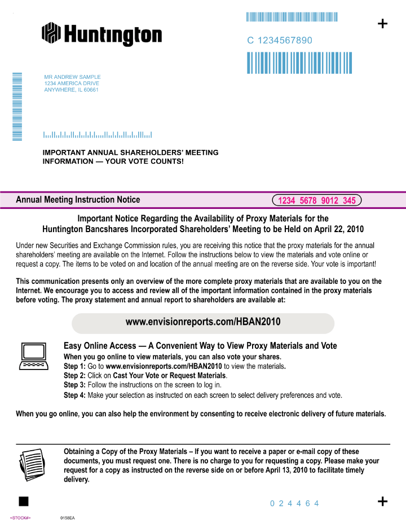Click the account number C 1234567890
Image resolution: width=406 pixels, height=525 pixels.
[280, 41]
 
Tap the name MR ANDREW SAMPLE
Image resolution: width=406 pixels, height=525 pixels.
[72, 77]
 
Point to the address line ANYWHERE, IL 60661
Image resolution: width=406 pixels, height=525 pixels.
[71, 90]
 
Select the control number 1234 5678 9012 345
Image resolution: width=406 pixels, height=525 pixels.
[316, 201]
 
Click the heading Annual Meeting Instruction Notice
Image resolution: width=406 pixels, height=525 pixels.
[78, 200]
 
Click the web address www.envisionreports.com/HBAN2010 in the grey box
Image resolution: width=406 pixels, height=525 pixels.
[203, 323]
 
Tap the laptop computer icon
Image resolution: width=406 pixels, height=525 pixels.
[33, 356]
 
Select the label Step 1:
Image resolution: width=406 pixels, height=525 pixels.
[74, 366]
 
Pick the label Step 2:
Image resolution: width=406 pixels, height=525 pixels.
[74, 376]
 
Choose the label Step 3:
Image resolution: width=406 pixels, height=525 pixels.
[74, 385]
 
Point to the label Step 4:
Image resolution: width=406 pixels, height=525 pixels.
[74, 395]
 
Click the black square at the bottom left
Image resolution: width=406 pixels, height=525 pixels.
[24, 501]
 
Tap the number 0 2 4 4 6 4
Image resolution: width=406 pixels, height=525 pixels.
[294, 504]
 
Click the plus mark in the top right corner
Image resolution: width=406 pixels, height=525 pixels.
[382, 23]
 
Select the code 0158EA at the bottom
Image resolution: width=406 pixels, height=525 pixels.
[67, 518]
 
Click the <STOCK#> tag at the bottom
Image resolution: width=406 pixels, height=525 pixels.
[20, 518]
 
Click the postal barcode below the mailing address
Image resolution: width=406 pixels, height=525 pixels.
[98, 135]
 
